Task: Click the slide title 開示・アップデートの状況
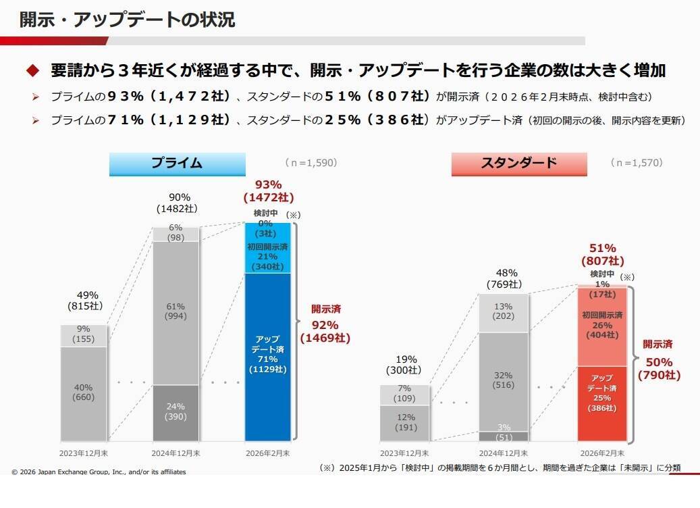tap(127, 20)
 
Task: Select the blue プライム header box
tap(176, 163)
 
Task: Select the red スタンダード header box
tap(518, 163)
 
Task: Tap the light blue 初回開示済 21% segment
tap(267, 257)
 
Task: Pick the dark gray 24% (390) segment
tap(176, 413)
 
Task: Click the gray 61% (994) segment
tap(176, 312)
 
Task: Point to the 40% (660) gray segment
tap(84, 393)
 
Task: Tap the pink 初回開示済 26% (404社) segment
tap(601, 326)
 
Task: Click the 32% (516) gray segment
tap(504, 380)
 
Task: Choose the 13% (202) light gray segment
tap(504, 313)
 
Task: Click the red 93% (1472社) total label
tap(268, 190)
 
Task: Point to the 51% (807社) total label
tap(602, 254)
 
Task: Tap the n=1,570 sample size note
tap(636, 163)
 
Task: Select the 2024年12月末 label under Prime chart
tap(176, 453)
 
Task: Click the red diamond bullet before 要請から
tap(32, 70)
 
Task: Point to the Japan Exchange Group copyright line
tap(99, 472)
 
